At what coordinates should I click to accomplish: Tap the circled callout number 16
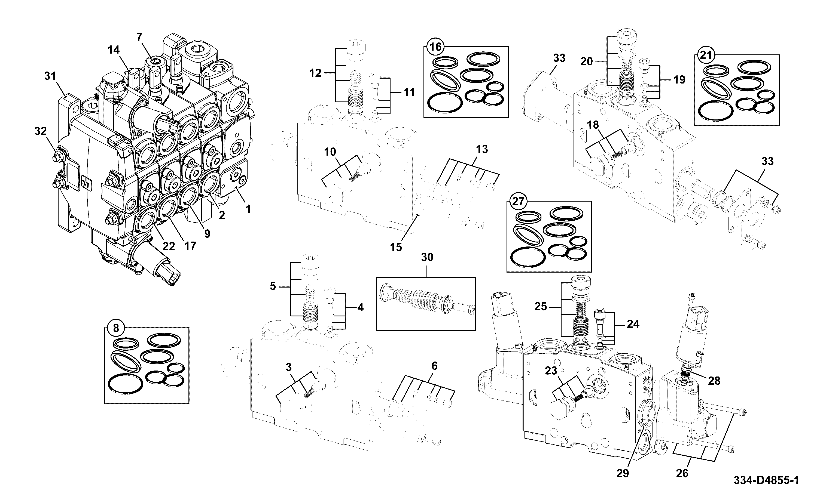click(x=435, y=47)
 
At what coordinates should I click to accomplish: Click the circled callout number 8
click(x=116, y=328)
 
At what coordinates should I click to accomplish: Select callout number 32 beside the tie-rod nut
click(x=41, y=131)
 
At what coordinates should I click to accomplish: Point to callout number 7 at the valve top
click(x=139, y=37)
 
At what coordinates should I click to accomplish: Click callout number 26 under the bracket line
click(x=682, y=473)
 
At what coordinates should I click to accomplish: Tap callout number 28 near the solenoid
click(x=714, y=380)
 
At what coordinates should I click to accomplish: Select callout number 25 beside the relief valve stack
click(x=541, y=306)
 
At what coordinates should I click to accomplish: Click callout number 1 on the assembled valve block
click(x=248, y=209)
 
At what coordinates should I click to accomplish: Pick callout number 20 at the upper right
click(x=587, y=61)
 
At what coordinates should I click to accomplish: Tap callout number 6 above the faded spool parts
click(x=434, y=366)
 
